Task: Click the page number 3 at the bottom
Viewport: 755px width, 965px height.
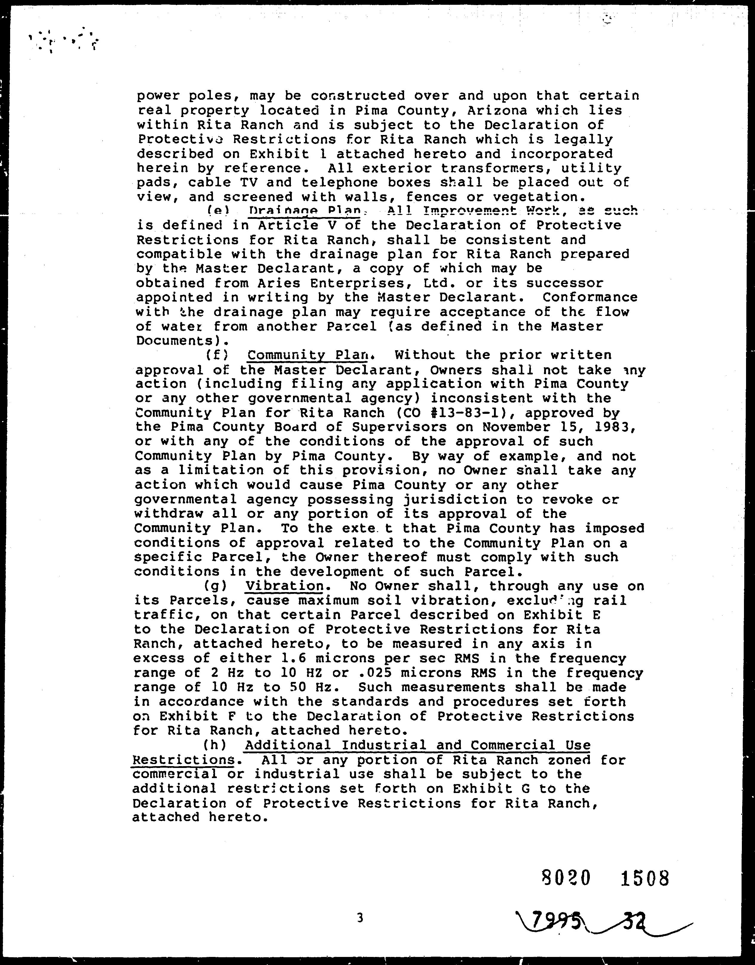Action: click(x=360, y=918)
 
